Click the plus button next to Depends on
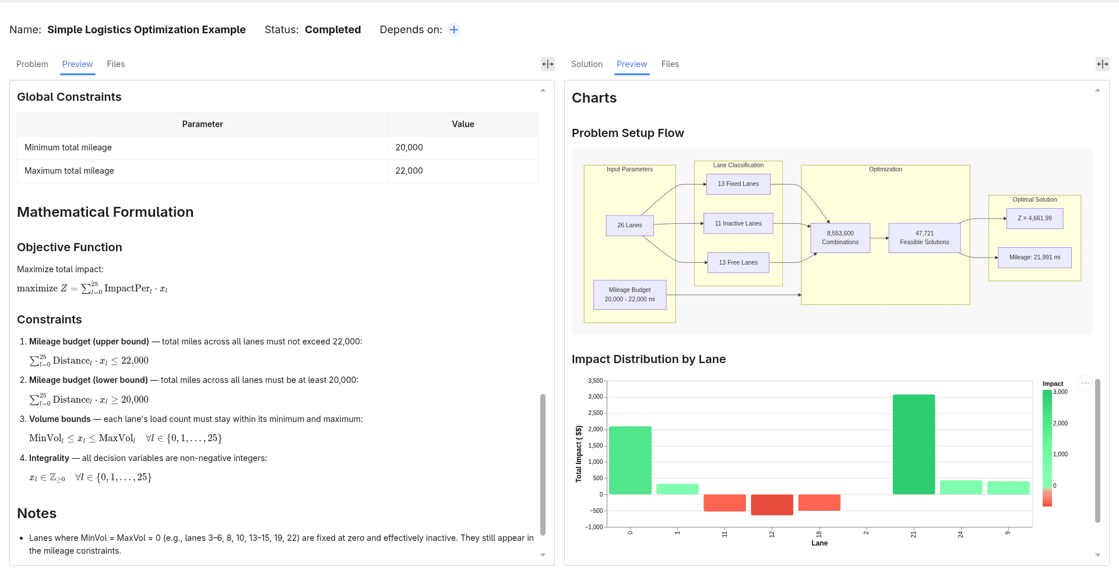[454, 30]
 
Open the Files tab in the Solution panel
[670, 64]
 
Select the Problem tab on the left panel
[32, 64]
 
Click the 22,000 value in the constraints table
[409, 171]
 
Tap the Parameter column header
[202, 124]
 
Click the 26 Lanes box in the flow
[629, 226]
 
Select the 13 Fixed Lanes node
[738, 184]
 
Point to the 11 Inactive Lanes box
[738, 223]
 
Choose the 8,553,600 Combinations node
[840, 238]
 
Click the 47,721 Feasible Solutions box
[924, 238]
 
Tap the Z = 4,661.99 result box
[1034, 219]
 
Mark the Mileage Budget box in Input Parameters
[629, 294]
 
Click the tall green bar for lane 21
[913, 445]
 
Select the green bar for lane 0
[630, 460]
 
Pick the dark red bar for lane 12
[772, 505]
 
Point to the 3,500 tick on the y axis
[595, 381]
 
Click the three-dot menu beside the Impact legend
[1085, 383]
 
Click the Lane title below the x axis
[819, 543]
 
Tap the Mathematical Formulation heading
[105, 212]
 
